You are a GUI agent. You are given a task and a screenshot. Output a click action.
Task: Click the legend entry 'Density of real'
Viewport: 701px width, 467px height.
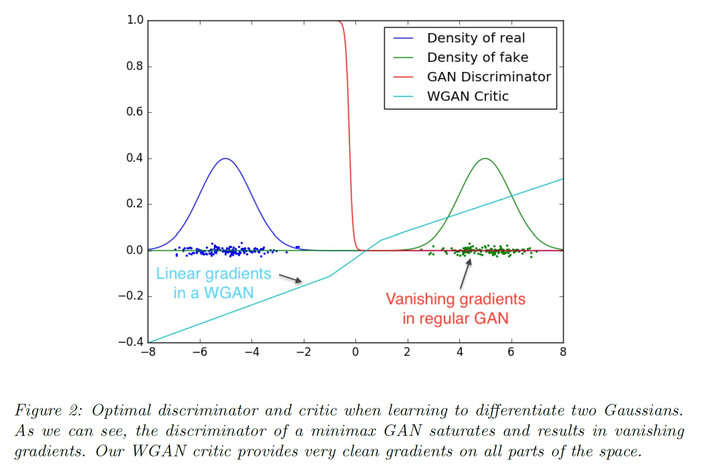coord(476,38)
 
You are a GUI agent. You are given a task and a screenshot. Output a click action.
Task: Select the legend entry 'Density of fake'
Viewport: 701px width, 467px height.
coord(478,57)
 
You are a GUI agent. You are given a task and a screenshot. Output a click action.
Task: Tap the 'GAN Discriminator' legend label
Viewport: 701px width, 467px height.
coord(489,77)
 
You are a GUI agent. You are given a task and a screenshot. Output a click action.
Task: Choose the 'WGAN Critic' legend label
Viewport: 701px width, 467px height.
coord(467,96)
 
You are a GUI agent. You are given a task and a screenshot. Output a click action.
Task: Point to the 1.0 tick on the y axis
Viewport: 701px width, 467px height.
coord(135,20)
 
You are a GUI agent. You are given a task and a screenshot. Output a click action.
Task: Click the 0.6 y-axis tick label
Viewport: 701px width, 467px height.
coord(135,112)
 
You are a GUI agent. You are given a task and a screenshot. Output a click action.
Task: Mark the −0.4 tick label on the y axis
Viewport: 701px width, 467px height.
coord(131,342)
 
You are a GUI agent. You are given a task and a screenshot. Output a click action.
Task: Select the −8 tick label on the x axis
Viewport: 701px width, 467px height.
coord(148,352)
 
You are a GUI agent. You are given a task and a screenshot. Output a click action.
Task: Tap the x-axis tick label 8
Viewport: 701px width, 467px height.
coord(563,352)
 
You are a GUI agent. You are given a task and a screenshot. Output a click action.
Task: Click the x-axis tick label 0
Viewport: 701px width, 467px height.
coord(356,352)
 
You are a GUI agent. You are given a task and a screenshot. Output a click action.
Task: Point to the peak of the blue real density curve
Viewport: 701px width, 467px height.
coord(226,158)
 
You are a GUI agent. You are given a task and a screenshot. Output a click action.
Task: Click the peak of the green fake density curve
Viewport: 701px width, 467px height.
coord(485,158)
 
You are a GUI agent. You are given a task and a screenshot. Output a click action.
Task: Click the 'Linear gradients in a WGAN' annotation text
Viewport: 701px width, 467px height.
coord(214,283)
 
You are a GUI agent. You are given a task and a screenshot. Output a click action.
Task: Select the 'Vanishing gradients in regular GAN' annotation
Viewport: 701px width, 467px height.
coord(455,309)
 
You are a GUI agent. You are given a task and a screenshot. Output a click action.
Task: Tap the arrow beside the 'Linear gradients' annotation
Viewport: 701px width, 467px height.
coord(291,279)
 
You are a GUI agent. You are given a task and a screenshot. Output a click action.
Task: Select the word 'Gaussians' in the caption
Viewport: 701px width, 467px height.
coord(643,411)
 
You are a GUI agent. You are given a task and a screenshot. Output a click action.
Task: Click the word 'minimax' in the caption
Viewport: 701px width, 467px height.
coord(343,431)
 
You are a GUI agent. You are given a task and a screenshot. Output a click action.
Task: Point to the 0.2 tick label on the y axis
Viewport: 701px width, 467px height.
coord(135,204)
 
